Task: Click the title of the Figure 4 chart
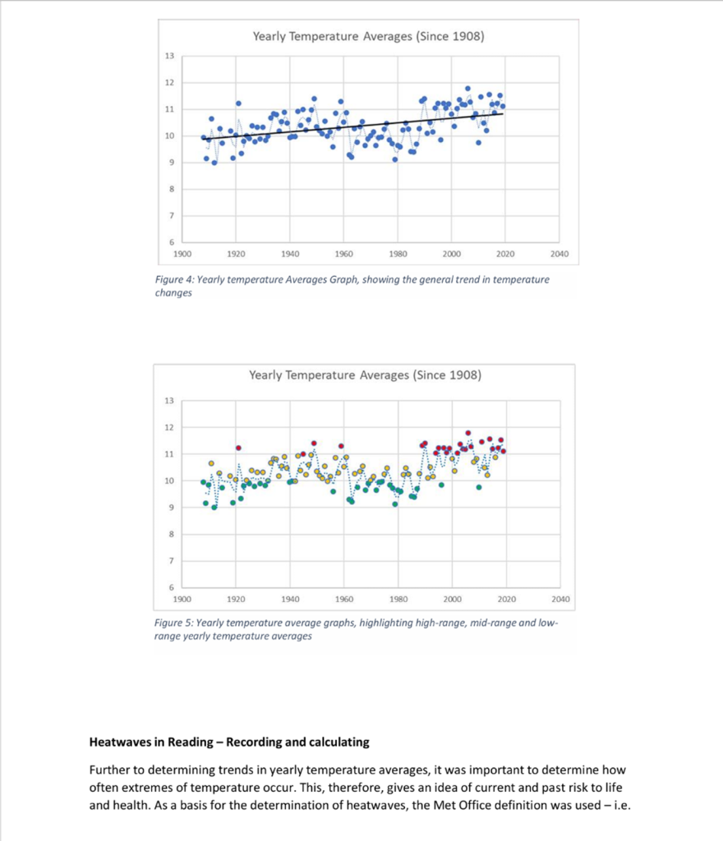[368, 36]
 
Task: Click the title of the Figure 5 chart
[365, 375]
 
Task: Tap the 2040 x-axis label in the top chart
[560, 255]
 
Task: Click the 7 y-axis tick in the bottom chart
[170, 561]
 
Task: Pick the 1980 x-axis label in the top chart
[398, 255]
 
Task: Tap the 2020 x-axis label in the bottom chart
[506, 600]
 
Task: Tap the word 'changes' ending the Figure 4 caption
[173, 293]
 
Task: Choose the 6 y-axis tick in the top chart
[170, 242]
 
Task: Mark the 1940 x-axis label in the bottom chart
[291, 600]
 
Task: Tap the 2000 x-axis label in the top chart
[452, 255]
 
